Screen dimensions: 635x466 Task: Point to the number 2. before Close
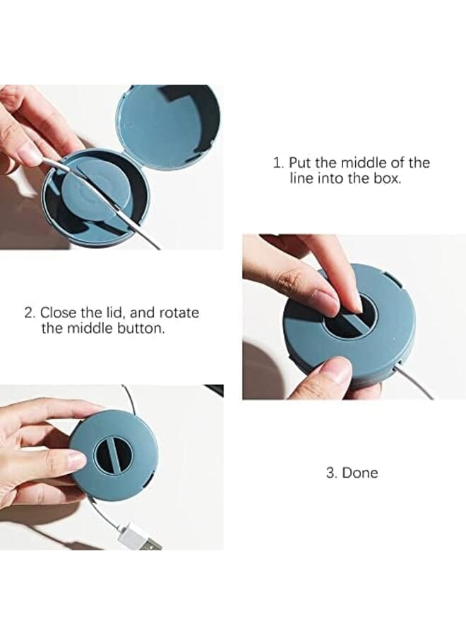tap(30, 313)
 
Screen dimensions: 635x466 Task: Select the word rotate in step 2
tap(180, 313)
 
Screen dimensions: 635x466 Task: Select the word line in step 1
tap(302, 179)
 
